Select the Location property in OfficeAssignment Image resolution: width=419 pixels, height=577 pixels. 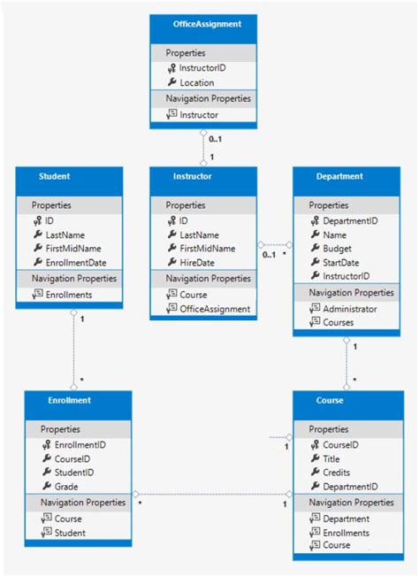(196, 82)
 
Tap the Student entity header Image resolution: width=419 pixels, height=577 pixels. (54, 176)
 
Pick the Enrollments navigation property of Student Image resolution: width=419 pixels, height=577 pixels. (68, 295)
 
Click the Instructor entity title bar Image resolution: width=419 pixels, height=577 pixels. (193, 176)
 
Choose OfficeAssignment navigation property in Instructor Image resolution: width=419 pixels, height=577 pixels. (215, 309)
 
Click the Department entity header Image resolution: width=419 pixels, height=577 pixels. (339, 176)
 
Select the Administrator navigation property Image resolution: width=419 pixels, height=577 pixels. (350, 309)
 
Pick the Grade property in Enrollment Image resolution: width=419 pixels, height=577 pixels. (67, 487)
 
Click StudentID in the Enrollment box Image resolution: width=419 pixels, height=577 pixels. (74, 473)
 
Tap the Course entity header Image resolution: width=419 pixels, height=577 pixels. (329, 400)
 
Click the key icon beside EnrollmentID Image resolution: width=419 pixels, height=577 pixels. (45, 444)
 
